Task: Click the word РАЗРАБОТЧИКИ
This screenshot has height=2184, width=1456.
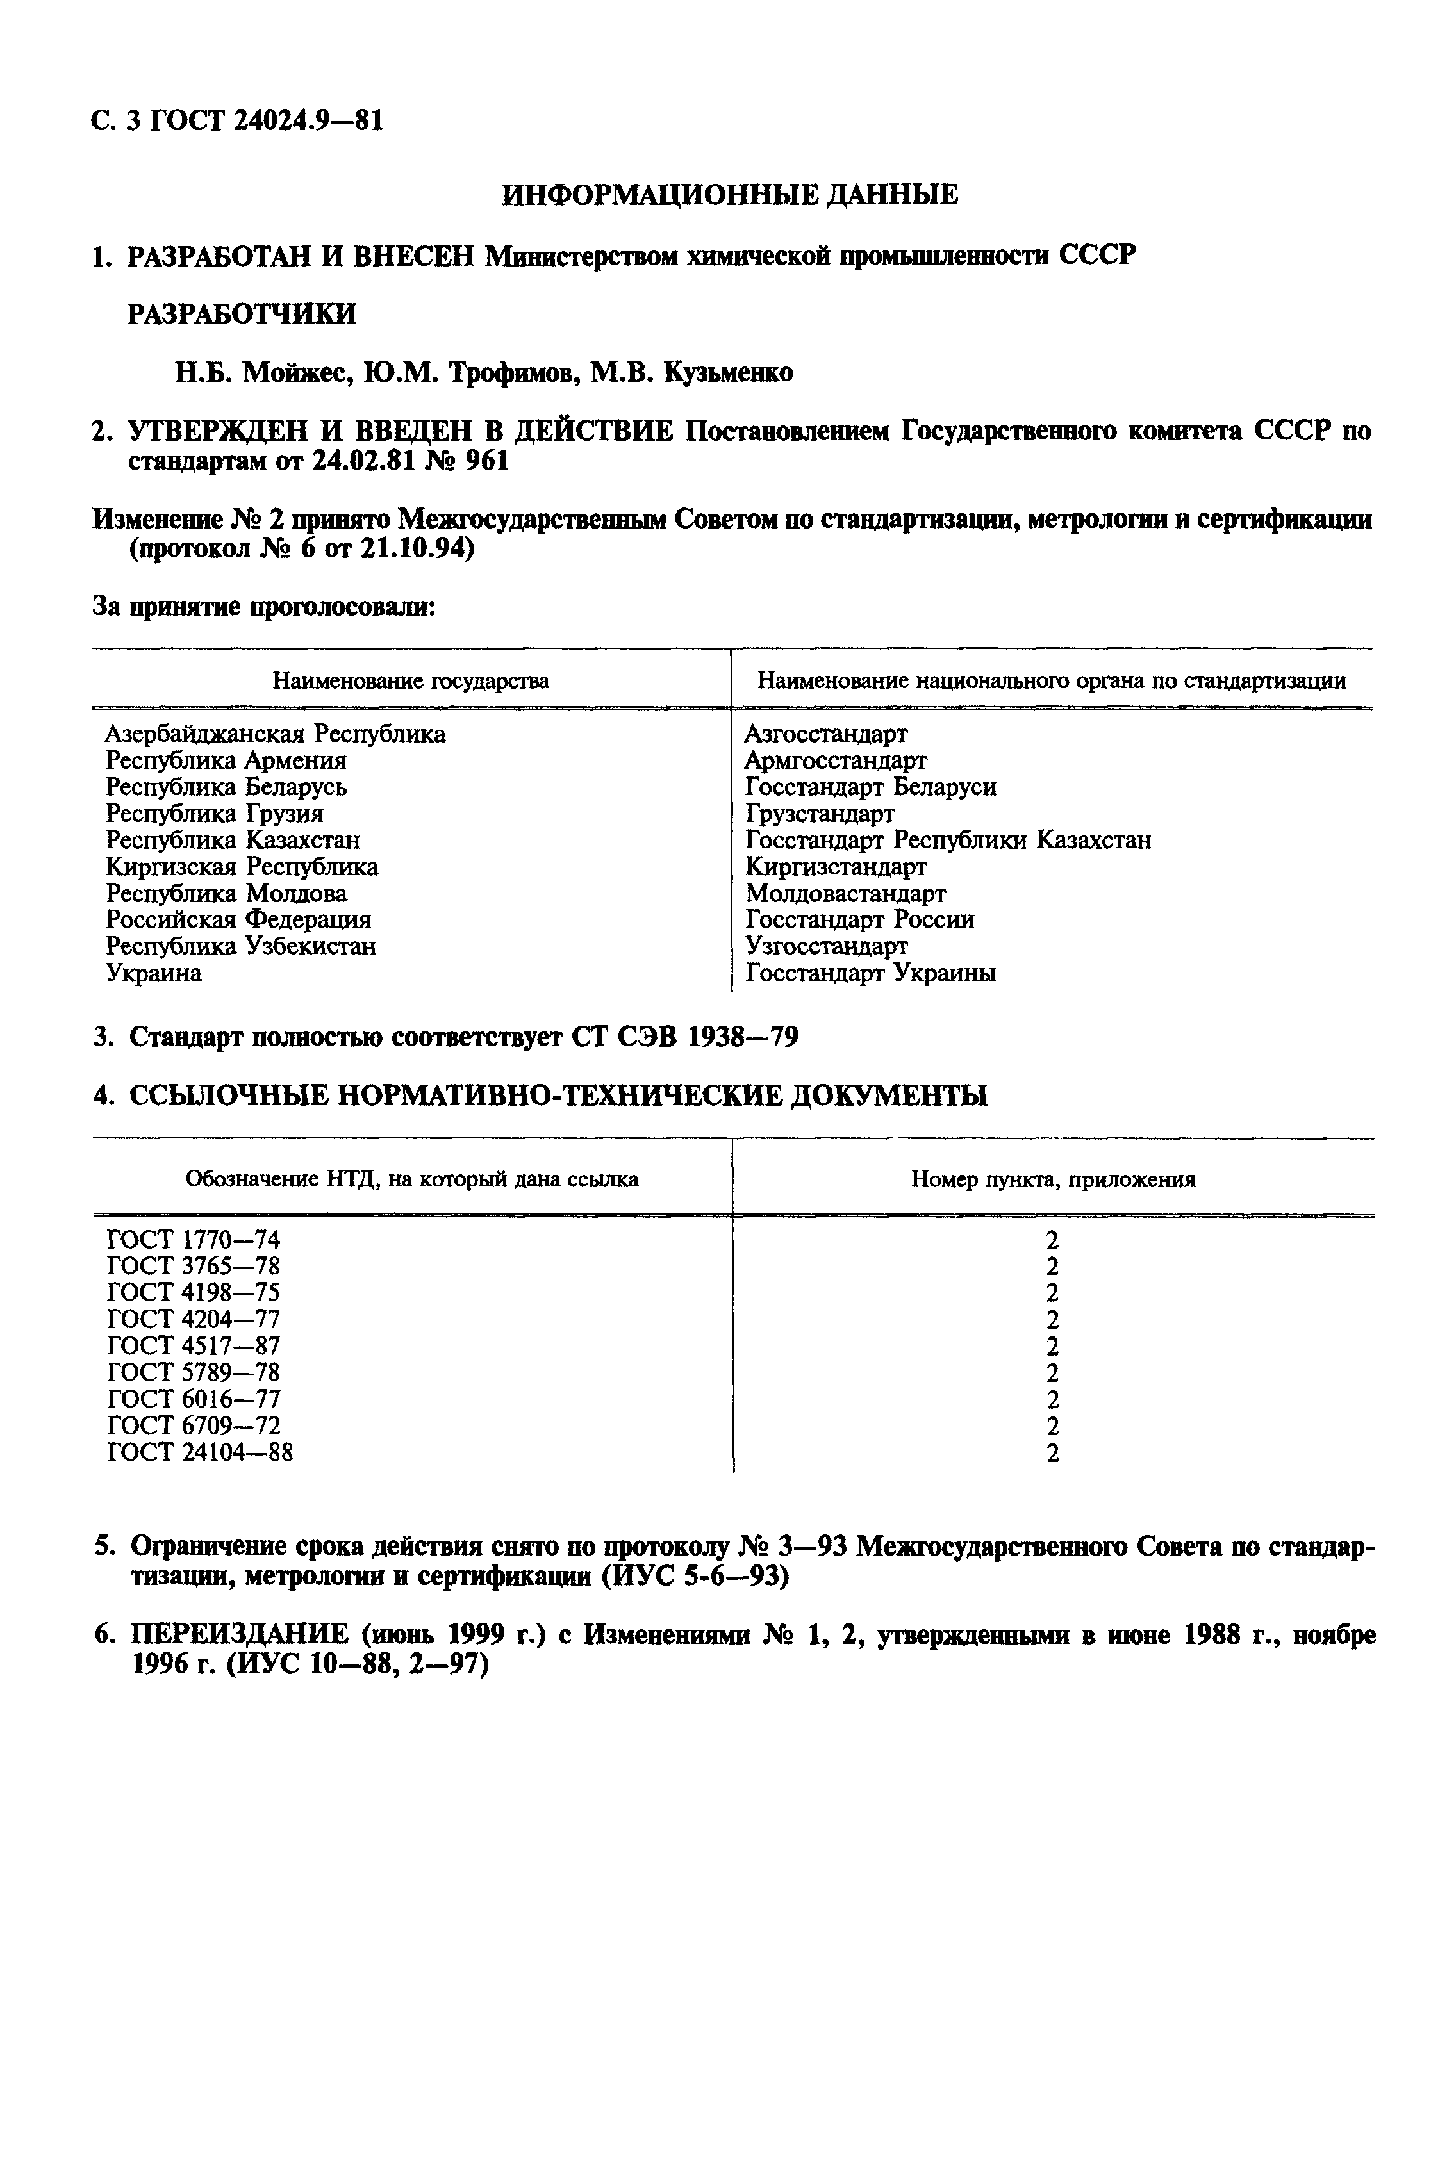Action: (x=242, y=315)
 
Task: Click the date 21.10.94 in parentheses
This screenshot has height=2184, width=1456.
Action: (x=417, y=550)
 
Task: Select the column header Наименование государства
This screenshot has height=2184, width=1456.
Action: (x=410, y=681)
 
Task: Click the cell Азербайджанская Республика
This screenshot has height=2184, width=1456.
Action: (x=275, y=734)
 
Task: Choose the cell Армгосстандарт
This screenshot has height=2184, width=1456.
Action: (x=835, y=761)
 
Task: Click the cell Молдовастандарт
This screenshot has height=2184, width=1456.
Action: (x=845, y=894)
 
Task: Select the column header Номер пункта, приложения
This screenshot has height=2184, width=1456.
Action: (x=1052, y=1179)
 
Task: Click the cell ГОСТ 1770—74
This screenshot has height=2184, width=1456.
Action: (x=193, y=1240)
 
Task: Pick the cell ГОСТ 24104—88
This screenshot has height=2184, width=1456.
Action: (x=200, y=1452)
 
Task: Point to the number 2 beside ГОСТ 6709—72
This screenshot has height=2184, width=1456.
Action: (x=1052, y=1425)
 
